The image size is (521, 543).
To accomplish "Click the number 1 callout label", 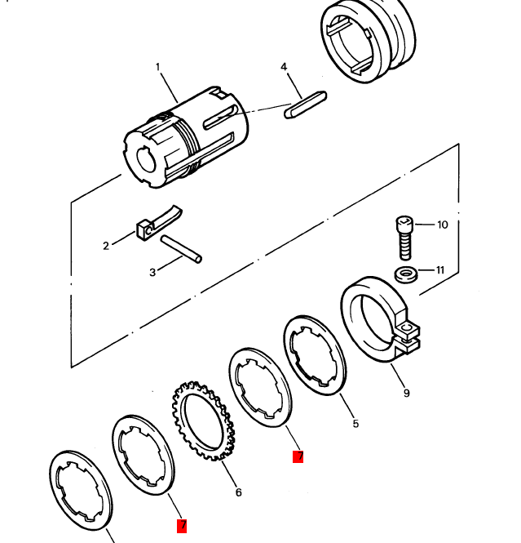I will tap(157, 67).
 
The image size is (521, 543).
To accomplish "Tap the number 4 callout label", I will tap(284, 67).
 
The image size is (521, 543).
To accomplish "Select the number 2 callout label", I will tap(106, 246).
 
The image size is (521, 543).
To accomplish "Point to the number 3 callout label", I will tap(152, 273).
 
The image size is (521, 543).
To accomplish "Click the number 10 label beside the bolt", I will tap(443, 225).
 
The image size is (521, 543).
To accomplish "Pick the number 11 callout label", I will tap(441, 270).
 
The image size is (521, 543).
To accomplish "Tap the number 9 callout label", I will tap(406, 394).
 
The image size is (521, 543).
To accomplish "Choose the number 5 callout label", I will tap(355, 424).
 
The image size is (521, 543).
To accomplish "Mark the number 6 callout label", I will tap(238, 492).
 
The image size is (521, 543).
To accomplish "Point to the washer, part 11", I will tap(405, 274).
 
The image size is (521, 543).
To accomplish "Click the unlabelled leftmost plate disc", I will tap(82, 493).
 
